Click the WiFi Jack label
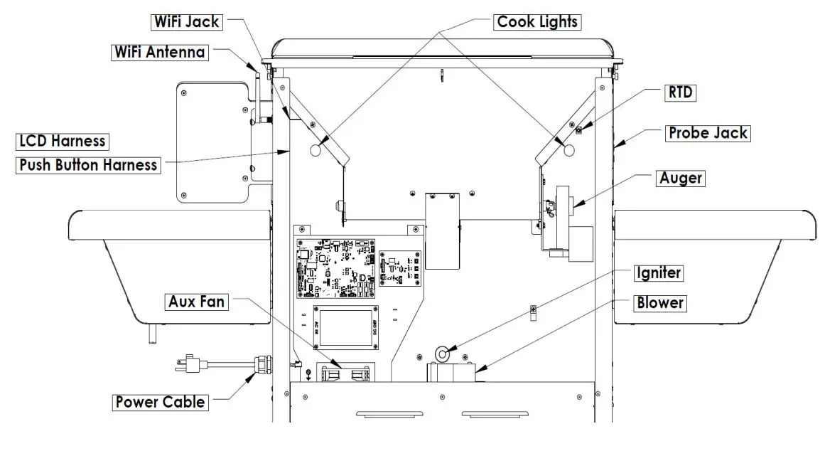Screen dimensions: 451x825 tap(187, 22)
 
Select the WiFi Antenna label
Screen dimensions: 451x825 tap(160, 52)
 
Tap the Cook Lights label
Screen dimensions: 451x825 tap(537, 22)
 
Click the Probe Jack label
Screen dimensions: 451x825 tap(706, 133)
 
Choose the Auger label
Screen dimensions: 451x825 tap(681, 178)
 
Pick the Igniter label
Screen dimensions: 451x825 tap(659, 273)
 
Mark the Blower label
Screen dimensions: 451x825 tap(659, 303)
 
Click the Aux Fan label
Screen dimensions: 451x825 tap(196, 302)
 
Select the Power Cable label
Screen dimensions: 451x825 tap(160, 402)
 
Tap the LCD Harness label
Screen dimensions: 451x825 tap(63, 141)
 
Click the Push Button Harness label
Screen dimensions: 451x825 tap(88, 165)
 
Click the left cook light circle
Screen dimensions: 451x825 tap(317, 150)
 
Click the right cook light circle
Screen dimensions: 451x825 tap(568, 149)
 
